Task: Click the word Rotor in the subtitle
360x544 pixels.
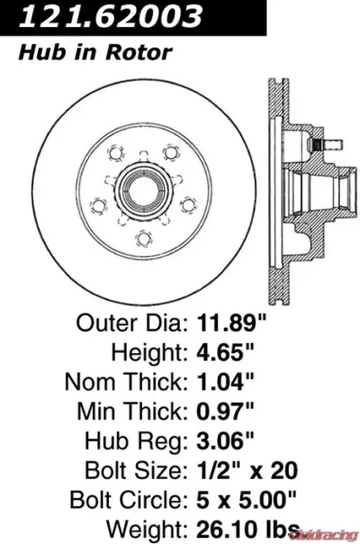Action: tap(145, 53)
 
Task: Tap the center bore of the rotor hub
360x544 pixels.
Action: tap(142, 191)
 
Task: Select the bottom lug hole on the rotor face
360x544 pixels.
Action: tap(142, 239)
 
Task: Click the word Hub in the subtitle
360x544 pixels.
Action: tap(37, 53)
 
